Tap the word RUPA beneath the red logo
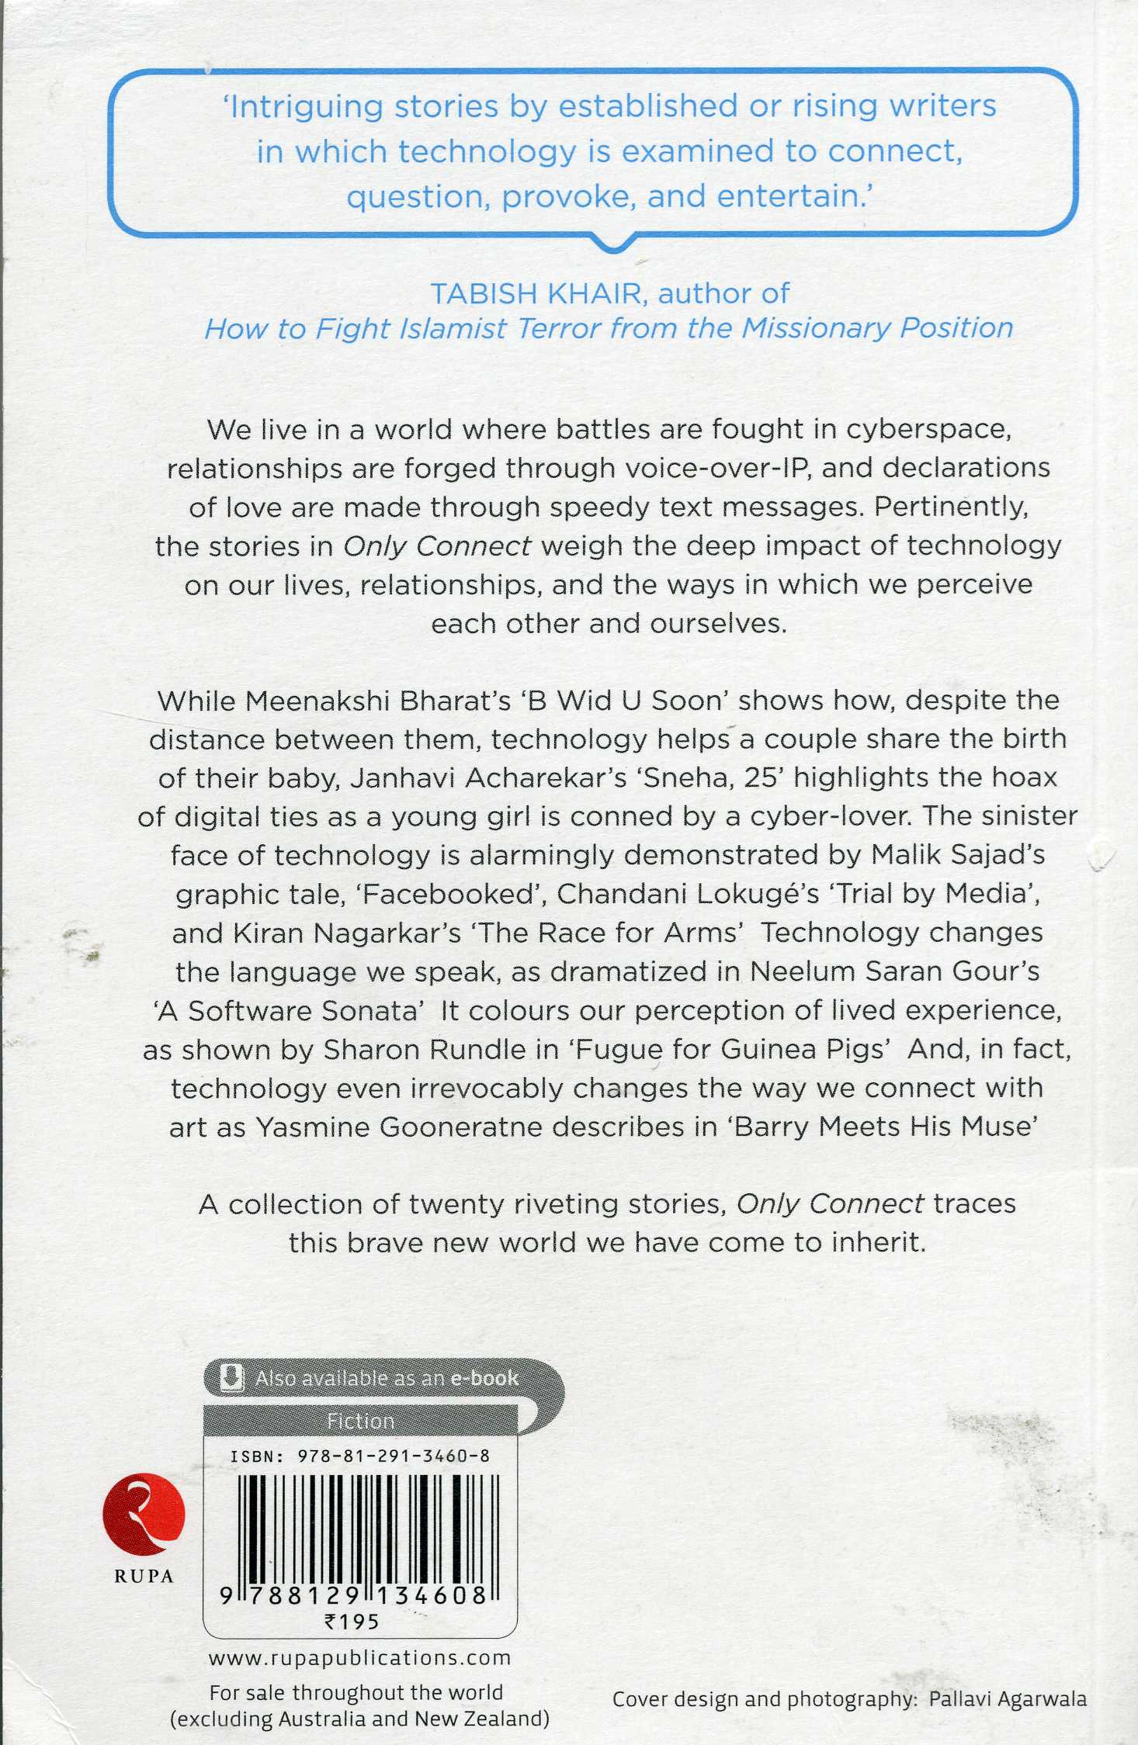coord(144,1577)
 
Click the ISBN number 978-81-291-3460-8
coord(394,1456)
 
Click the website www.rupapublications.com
coord(359,1658)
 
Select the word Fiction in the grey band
coord(360,1421)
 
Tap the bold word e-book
coord(484,1379)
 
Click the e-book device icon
coord(231,1378)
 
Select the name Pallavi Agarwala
coord(1007,1699)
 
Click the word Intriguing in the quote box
coord(307,107)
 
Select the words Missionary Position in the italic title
coord(877,328)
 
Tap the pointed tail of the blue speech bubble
coord(613,247)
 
